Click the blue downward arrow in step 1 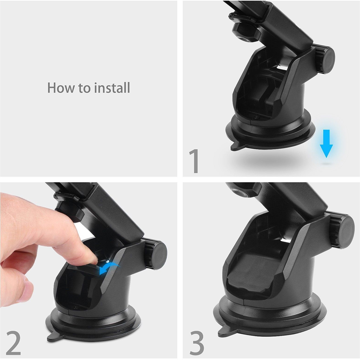click(x=326, y=143)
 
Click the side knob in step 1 click(x=324, y=60)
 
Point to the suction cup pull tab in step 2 click(x=55, y=336)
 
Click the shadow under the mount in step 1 click(x=264, y=158)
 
